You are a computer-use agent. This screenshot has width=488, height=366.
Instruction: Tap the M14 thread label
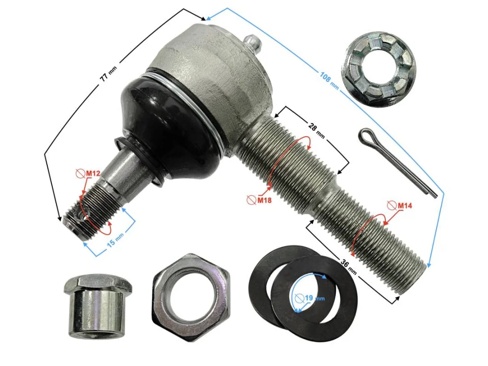[x=404, y=206]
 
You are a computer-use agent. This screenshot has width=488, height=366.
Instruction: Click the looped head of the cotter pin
[x=365, y=136]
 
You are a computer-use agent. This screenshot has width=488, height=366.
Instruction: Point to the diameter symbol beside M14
[x=391, y=206]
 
